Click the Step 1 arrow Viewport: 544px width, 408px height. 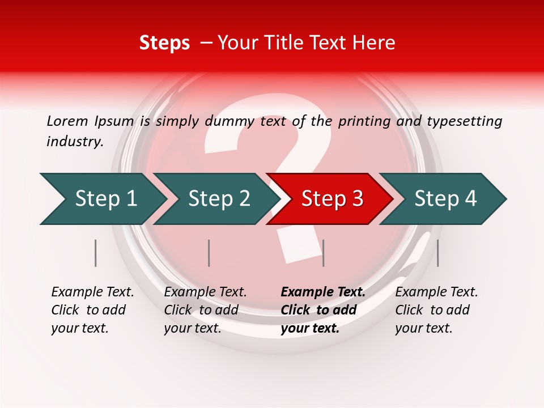click(106, 199)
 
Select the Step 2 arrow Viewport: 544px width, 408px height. click(219, 199)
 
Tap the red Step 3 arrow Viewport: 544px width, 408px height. click(332, 199)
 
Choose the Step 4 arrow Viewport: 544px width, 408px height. click(445, 199)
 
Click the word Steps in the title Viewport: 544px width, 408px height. click(164, 42)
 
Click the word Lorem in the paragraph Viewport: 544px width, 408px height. click(67, 121)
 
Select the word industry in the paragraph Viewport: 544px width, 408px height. click(74, 142)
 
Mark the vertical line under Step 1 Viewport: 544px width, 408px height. click(96, 253)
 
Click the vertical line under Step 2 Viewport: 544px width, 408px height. click(209, 253)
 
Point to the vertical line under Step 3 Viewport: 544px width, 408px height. click(323, 253)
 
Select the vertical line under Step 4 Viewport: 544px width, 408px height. click(437, 253)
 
